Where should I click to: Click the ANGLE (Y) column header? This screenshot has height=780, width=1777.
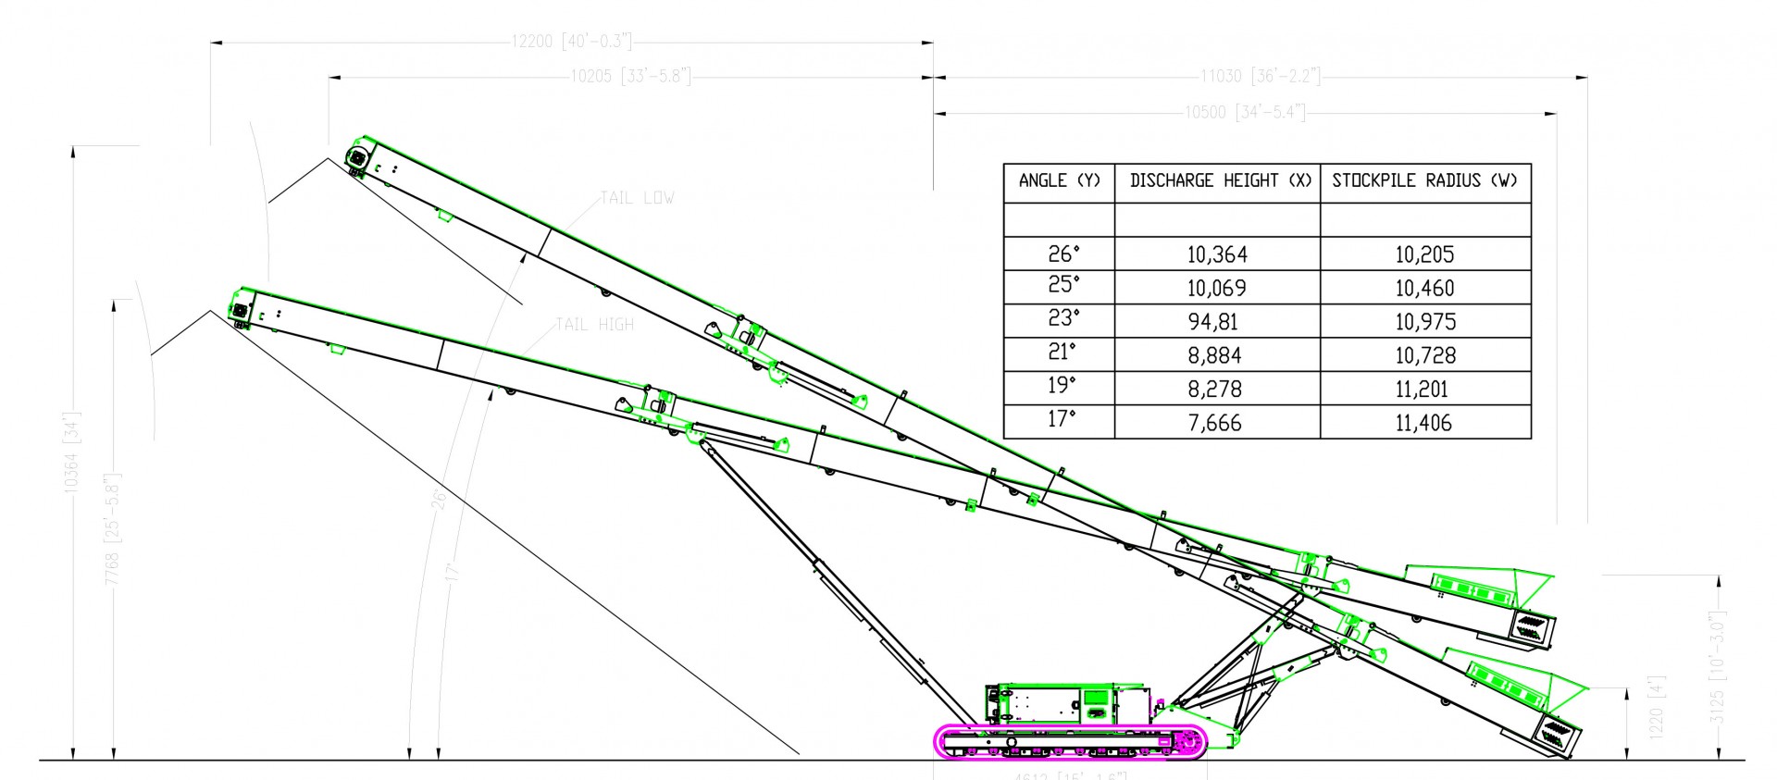(x=1059, y=181)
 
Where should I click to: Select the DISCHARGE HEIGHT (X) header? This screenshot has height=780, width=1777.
(x=1217, y=181)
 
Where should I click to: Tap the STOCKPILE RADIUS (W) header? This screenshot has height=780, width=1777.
(x=1424, y=181)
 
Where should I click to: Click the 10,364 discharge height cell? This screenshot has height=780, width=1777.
(x=1217, y=254)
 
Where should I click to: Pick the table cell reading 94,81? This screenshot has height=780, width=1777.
(x=1217, y=322)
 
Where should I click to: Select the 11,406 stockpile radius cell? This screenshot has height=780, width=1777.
(x=1424, y=424)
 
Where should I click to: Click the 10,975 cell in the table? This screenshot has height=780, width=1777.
(x=1424, y=322)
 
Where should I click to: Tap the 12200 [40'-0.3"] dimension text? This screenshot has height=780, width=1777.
(x=571, y=42)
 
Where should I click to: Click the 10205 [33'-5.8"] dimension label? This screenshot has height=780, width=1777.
(x=630, y=77)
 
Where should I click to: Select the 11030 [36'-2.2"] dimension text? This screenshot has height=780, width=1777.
(x=1260, y=77)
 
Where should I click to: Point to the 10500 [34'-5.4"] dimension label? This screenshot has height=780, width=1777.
(x=1244, y=113)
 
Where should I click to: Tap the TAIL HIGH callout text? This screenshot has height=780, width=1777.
(x=594, y=325)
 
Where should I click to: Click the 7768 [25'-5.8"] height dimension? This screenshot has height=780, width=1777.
(x=113, y=527)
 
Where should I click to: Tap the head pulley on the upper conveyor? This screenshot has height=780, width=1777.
(x=356, y=158)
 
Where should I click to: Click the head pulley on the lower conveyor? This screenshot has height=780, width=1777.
(x=241, y=311)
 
